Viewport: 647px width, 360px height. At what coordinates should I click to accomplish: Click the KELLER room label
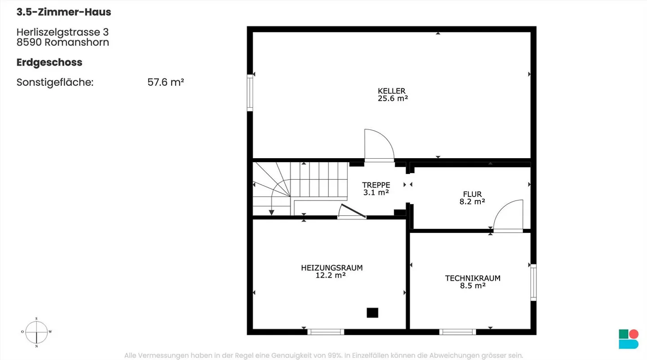(392, 91)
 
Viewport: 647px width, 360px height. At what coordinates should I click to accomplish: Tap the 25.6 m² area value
(393, 98)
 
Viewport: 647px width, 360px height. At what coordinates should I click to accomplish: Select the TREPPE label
(376, 185)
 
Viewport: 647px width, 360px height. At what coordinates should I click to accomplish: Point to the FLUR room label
(472, 194)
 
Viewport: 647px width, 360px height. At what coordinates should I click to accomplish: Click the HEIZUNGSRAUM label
(332, 268)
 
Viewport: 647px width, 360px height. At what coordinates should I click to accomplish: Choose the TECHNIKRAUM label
(473, 278)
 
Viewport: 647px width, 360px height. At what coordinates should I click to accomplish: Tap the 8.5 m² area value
(473, 286)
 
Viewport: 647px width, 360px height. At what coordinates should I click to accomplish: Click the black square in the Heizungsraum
(372, 313)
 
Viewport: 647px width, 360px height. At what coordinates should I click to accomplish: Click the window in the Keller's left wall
(250, 93)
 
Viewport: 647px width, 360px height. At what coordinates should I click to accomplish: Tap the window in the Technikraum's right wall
(533, 282)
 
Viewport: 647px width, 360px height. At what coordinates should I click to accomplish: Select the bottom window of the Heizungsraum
(326, 332)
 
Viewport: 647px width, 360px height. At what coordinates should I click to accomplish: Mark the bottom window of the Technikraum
(457, 332)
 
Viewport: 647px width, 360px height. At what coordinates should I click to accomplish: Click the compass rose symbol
(36, 332)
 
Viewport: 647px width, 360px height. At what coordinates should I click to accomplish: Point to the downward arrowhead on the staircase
(271, 213)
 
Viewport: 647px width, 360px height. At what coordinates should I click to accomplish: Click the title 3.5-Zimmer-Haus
(64, 12)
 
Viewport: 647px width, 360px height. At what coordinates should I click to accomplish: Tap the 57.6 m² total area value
(166, 82)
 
